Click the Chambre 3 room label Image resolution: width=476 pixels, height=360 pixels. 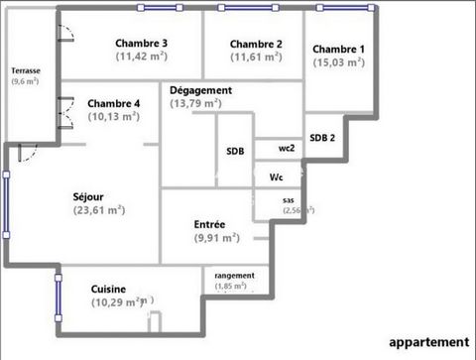pyautogui.click(x=141, y=43)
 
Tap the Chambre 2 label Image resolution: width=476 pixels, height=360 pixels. pyautogui.click(x=257, y=44)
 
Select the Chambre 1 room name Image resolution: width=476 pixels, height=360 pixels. pyautogui.click(x=339, y=49)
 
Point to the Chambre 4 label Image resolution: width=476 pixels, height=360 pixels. pyautogui.click(x=114, y=103)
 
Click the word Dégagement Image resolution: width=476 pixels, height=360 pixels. pyautogui.click(x=200, y=90)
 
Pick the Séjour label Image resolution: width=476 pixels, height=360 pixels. pyautogui.click(x=88, y=196)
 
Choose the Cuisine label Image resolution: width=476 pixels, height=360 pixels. pyautogui.click(x=108, y=288)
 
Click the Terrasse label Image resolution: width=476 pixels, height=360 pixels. pyautogui.click(x=26, y=71)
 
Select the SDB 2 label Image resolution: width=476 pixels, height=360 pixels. pyautogui.click(x=322, y=138)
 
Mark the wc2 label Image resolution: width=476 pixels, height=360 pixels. pyautogui.click(x=287, y=148)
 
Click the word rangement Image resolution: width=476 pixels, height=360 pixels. pyautogui.click(x=234, y=275)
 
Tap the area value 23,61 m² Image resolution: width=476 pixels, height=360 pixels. pyautogui.click(x=99, y=210)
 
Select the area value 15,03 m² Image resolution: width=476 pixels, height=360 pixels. pyautogui.click(x=339, y=62)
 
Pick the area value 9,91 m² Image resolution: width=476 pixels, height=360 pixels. pyautogui.click(x=216, y=238)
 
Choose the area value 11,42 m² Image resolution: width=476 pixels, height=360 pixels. pyautogui.click(x=141, y=57)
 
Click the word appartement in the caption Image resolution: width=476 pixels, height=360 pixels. pyautogui.click(x=427, y=341)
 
